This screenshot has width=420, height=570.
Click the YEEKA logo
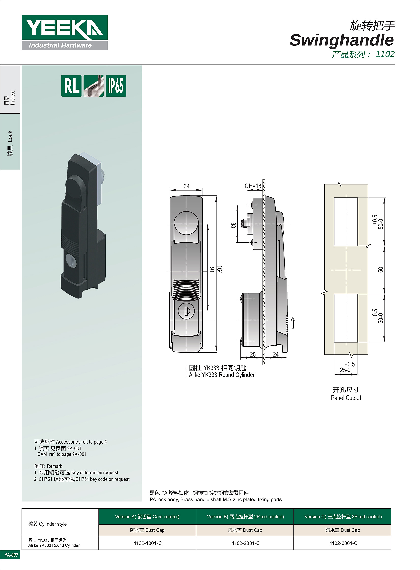click(65, 33)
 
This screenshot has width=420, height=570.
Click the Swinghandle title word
click(342, 40)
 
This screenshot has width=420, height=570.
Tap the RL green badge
click(71, 86)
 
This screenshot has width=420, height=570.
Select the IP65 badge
click(116, 86)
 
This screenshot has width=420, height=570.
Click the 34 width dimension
click(186, 186)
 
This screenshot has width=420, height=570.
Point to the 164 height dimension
click(220, 270)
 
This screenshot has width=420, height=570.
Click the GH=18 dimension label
click(253, 186)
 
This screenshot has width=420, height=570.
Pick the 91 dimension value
click(212, 269)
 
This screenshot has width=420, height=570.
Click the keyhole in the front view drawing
click(186, 311)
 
